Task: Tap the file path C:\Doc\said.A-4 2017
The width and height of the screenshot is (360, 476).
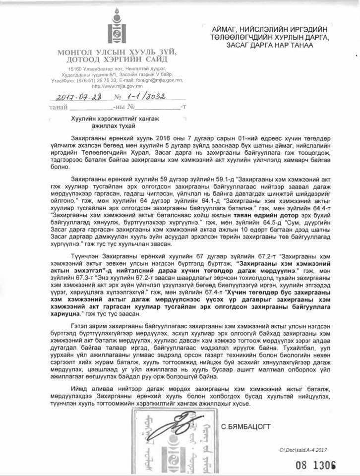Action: pos(304,450)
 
